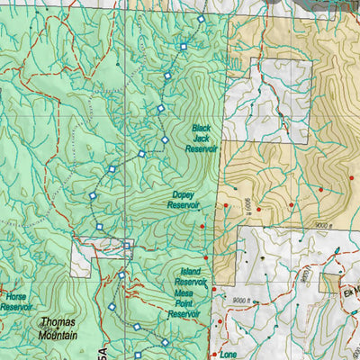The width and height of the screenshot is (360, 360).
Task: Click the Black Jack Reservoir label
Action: pos(203,139)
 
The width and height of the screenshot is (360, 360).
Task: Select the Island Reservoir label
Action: pos(190,277)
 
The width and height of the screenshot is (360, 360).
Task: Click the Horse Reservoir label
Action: pos(15,301)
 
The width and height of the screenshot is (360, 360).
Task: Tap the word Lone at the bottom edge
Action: pos(229,354)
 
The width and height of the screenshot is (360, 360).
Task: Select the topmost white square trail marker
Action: pos(201,19)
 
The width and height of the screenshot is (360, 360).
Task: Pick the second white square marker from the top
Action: pos(184,46)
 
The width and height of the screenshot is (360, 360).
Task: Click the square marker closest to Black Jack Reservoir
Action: pos(165,140)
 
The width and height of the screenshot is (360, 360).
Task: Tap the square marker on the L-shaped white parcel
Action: pos(127,245)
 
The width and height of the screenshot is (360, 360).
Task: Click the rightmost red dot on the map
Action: pos(352,178)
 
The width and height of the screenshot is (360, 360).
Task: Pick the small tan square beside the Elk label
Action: pos(331,283)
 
